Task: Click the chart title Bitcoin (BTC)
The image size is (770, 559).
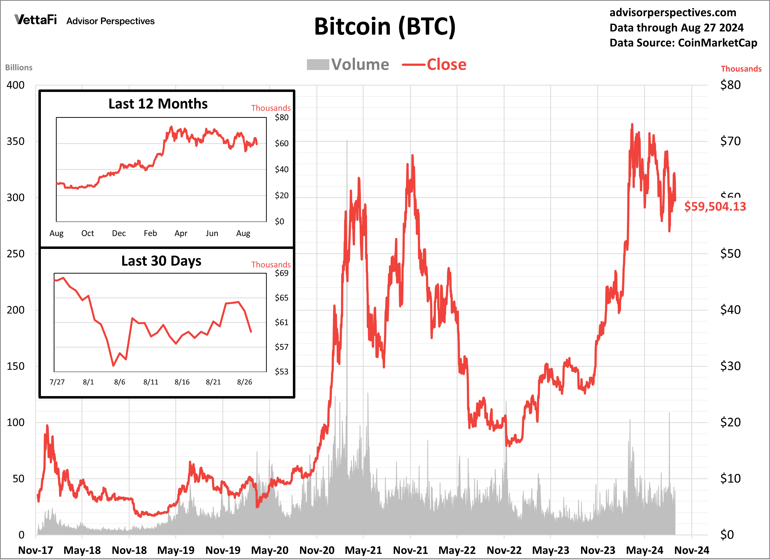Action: point(385,27)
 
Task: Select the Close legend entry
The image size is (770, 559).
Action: point(434,65)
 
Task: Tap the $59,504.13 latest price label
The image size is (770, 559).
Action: point(715,207)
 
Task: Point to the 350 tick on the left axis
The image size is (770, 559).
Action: point(16,141)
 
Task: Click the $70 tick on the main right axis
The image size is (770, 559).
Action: point(730,141)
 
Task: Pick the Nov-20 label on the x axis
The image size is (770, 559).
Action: point(317,550)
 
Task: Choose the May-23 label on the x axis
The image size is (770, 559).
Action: point(550,550)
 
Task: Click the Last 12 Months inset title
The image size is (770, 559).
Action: point(158,104)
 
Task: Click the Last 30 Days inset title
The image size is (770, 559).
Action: point(161,261)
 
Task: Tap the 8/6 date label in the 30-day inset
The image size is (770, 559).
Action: point(119,382)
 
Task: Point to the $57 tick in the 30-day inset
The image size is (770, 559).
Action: point(282,347)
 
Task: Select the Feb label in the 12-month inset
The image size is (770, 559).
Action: point(150,233)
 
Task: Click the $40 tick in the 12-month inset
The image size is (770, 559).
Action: point(282,169)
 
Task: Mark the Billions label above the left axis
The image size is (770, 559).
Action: point(19,68)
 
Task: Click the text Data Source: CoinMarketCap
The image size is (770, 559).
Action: point(683,43)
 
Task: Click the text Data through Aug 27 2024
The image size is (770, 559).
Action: point(676,28)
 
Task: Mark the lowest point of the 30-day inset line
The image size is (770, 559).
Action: point(113,366)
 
